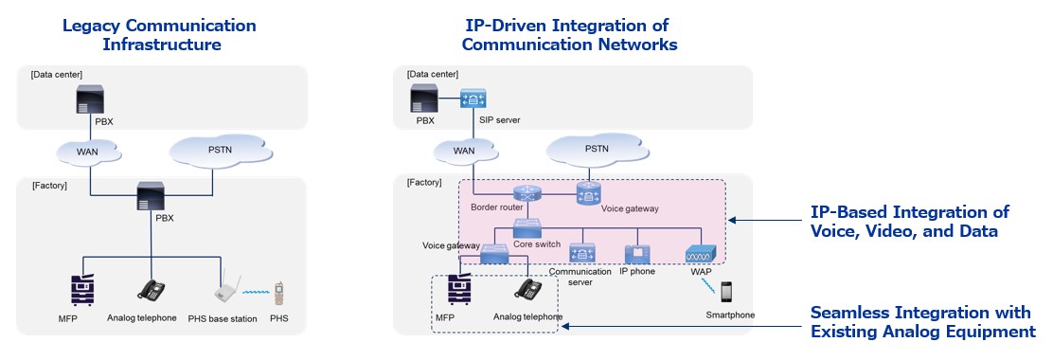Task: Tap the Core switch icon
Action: pos(526,228)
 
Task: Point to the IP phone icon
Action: pos(635,254)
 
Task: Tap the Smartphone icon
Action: pos(727,292)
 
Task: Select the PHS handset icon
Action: pos(278,294)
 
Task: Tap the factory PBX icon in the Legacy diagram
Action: pos(152,196)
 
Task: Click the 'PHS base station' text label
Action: pos(223,319)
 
